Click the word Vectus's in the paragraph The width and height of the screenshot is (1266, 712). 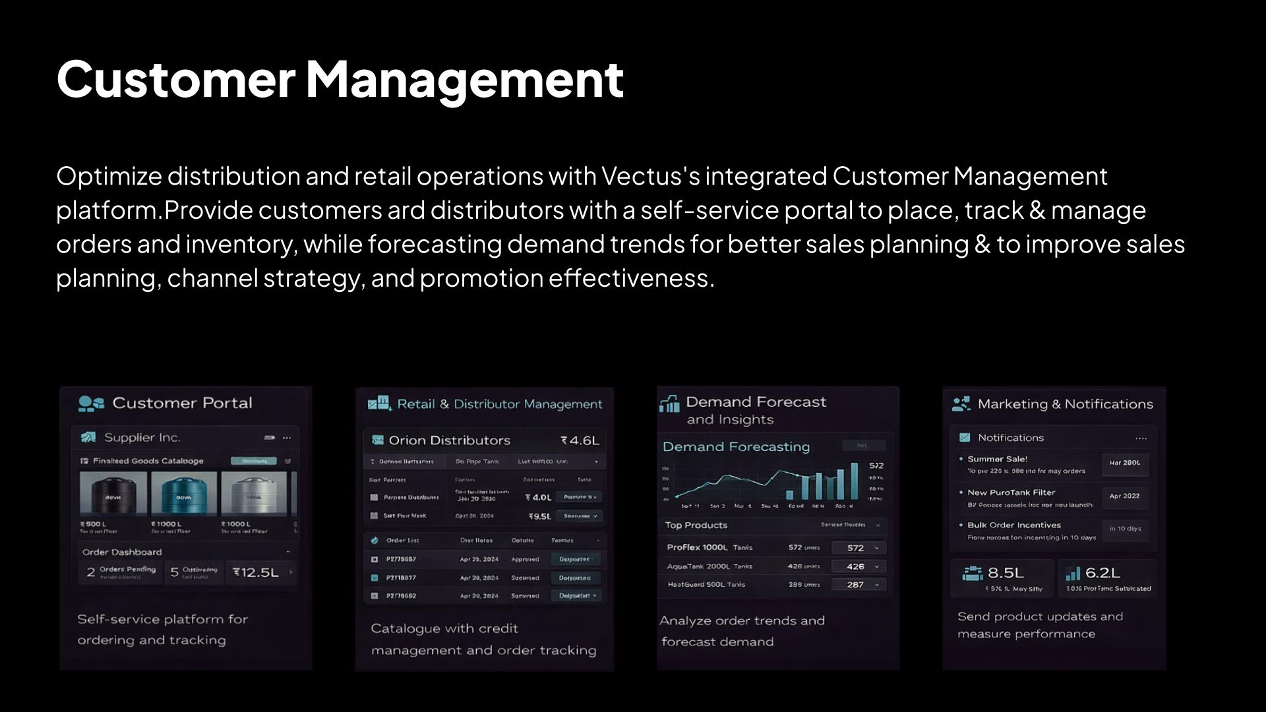(650, 176)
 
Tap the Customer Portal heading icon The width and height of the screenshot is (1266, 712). (91, 403)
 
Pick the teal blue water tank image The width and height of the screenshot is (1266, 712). (184, 493)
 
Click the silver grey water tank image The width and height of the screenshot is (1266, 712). (254, 493)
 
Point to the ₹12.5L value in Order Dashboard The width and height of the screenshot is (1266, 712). (256, 572)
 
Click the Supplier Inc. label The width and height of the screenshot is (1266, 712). (142, 438)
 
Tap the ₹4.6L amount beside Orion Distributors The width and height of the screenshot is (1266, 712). (580, 440)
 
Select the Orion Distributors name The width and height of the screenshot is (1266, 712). (449, 440)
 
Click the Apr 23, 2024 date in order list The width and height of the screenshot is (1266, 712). (479, 559)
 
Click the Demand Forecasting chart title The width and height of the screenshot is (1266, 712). (736, 446)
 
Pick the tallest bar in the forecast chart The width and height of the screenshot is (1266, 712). (855, 481)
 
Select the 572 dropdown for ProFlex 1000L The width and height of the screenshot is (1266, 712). (859, 548)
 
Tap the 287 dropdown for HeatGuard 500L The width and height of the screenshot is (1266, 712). (859, 585)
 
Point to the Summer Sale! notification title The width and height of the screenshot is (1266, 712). (997, 459)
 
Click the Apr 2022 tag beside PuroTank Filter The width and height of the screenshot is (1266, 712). (1124, 496)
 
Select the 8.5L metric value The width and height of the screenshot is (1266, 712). (1006, 572)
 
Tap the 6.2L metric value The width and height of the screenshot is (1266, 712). (1102, 572)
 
